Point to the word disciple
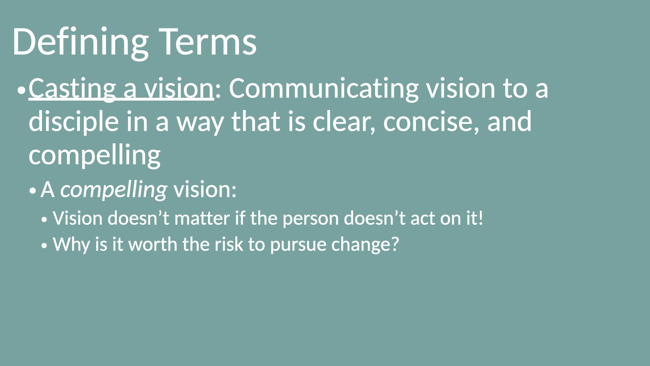click(74, 122)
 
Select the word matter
click(202, 218)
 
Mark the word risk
click(229, 244)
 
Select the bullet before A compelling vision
click(32, 191)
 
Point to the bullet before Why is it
click(44, 246)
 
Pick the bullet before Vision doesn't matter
click(44, 220)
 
